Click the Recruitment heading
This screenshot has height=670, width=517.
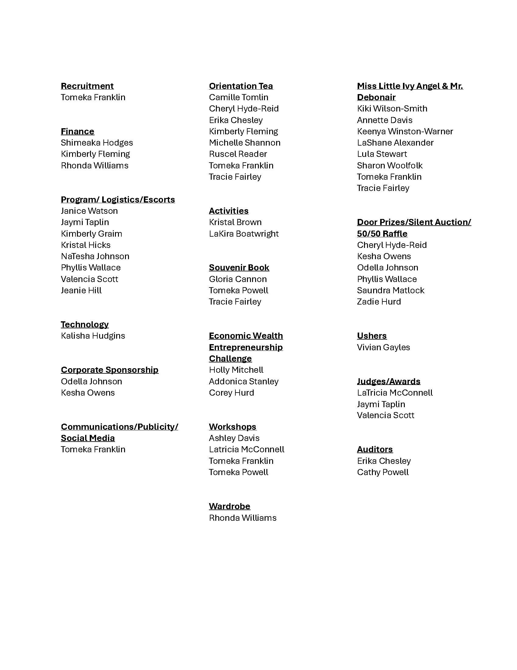point(87,86)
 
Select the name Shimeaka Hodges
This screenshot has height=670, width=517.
point(97,143)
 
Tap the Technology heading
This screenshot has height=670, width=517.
point(85,324)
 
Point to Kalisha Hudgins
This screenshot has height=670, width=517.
point(93,336)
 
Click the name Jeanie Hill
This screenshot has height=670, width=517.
point(81,290)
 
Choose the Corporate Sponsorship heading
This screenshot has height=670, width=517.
point(109,370)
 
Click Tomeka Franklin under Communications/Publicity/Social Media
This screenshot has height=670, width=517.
point(93,449)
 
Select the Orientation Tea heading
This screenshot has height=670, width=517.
point(241,86)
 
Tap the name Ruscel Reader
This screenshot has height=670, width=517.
point(238,154)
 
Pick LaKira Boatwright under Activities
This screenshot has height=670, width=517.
point(244,234)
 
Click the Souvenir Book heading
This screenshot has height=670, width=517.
point(239,267)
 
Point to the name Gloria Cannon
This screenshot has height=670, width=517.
point(238,279)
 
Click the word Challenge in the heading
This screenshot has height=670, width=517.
point(230,358)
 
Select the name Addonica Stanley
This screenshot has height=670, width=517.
point(244,381)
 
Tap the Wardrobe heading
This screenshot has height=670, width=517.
point(229,506)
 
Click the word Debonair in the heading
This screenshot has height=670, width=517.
point(376,97)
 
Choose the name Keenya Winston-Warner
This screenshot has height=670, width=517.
point(404,131)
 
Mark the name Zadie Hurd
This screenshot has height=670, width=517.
point(379,301)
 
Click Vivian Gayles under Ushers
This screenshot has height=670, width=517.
point(383,347)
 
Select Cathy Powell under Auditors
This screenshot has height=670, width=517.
point(383,472)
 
